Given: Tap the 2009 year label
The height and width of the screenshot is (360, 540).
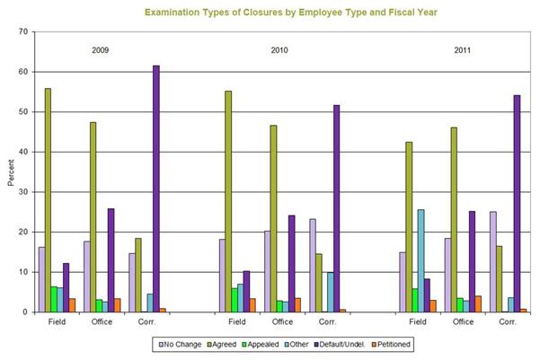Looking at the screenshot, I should (x=101, y=49).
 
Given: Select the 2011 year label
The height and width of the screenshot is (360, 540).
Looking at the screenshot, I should (x=463, y=49).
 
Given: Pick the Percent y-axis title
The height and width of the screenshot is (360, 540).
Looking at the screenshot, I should (x=10, y=172).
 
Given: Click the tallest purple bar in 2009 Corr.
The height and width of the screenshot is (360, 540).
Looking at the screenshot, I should (x=155, y=189).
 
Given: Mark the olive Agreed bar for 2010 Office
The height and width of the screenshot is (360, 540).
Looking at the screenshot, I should (x=273, y=219).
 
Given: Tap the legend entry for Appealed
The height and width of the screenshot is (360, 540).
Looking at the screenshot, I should (x=261, y=343).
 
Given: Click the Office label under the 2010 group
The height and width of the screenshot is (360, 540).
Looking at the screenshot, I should (x=282, y=320).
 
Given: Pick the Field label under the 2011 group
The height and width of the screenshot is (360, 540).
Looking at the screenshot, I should (x=418, y=320).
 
